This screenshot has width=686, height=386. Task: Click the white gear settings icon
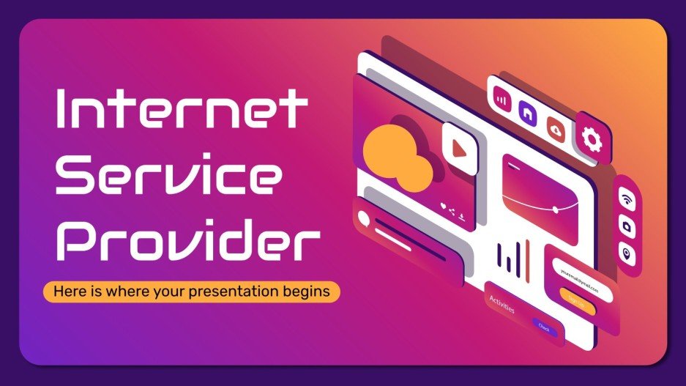tap(591, 138)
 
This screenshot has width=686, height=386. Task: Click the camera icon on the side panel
tap(627, 226)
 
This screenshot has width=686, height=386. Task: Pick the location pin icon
tap(627, 254)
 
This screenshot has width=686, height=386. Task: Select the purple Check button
tap(544, 327)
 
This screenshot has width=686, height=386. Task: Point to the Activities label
tap(502, 304)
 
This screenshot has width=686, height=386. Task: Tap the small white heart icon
tap(443, 206)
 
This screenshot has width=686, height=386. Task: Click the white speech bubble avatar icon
tap(364, 218)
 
